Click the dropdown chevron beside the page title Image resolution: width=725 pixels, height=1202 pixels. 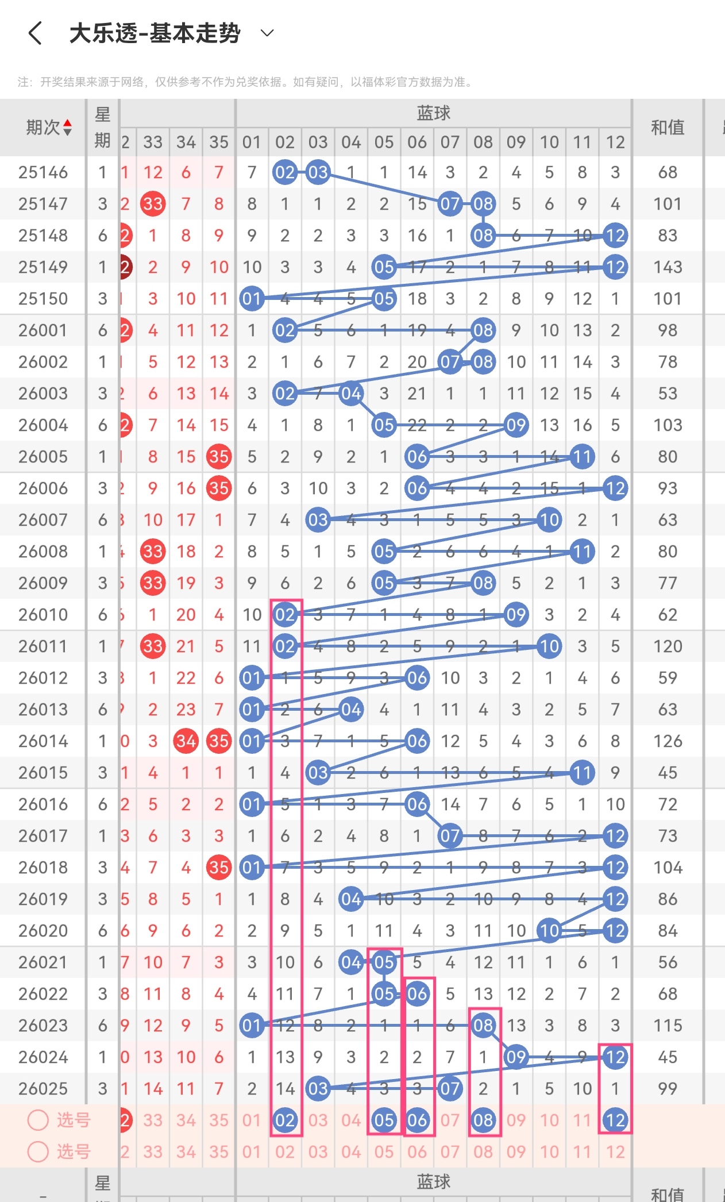(267, 33)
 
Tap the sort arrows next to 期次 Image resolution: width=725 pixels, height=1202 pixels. (68, 128)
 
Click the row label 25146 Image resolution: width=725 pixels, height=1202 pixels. (43, 172)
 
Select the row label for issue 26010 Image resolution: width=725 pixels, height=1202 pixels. (43, 615)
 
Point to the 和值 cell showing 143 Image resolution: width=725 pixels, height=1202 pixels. (668, 267)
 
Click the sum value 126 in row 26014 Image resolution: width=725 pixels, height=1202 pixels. (668, 741)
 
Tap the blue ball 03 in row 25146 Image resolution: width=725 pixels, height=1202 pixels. (318, 172)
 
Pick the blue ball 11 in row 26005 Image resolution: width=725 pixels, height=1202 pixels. (582, 457)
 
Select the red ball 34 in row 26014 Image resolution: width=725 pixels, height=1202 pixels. (186, 741)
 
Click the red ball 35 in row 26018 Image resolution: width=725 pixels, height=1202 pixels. (219, 868)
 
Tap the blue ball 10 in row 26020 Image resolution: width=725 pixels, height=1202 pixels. (549, 931)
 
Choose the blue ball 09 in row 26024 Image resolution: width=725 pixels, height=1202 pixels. (516, 1057)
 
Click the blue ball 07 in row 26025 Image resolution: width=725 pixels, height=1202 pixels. (450, 1089)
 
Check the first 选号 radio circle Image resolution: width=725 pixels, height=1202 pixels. (38, 1120)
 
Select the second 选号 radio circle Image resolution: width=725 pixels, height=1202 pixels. (38, 1151)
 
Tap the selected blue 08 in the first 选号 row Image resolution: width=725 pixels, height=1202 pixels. (483, 1120)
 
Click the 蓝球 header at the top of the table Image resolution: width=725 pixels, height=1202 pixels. (433, 113)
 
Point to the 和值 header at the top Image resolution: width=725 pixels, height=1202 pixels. (668, 128)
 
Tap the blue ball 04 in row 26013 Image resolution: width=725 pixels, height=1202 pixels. (351, 710)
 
